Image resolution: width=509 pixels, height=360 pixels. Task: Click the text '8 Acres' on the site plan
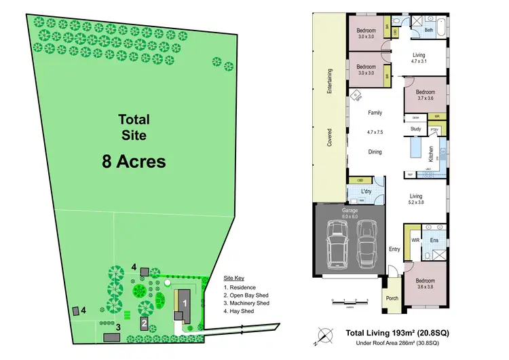tap(134, 162)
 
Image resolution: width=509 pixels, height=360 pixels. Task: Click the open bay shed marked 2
tap(144, 323)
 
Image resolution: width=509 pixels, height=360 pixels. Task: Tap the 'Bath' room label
tap(430, 30)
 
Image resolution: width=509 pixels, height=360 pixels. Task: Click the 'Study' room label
tap(416, 128)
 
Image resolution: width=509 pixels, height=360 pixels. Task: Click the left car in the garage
tap(336, 244)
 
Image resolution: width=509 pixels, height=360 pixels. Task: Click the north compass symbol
tap(327, 334)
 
